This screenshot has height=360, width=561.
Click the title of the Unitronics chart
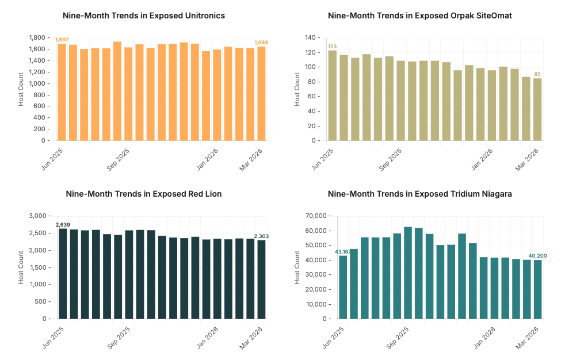coord(143,16)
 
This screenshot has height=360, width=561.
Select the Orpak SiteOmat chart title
coord(419,16)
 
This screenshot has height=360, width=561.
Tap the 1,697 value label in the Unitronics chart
coord(61,39)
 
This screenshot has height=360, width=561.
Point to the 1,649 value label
coord(261,42)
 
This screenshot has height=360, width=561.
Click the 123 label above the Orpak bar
coord(332,46)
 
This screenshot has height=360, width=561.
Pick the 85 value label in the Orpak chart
coord(537,74)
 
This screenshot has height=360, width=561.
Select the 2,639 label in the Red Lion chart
coord(62,224)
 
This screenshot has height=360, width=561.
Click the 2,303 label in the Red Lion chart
coord(261,236)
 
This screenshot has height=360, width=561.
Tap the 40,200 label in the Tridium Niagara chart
coord(537,256)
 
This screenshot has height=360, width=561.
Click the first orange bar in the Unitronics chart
coord(62,92)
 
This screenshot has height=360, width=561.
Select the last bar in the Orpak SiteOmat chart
coord(537,109)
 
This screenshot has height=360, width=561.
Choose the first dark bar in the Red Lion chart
coord(62,273)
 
